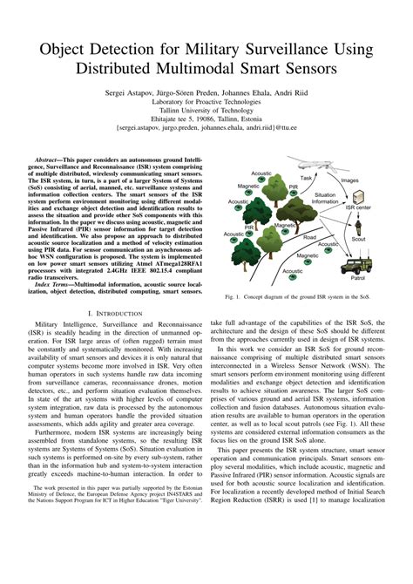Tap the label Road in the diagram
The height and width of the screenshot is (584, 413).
point(309,237)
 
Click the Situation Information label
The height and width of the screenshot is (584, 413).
point(325,197)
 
